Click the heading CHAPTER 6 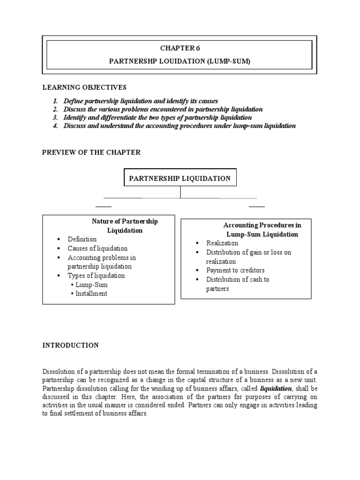click(x=180, y=47)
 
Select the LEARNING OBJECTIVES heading click(x=84, y=87)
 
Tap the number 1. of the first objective click(x=56, y=101)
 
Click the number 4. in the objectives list click(x=56, y=126)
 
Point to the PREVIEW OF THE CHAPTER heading click(x=91, y=152)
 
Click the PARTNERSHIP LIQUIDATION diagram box click(x=180, y=178)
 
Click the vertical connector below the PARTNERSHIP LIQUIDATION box click(x=180, y=192)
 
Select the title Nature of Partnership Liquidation click(x=125, y=226)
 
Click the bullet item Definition click(x=82, y=239)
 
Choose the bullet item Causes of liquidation click(x=97, y=248)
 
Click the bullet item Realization click(x=222, y=243)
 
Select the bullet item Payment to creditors click(x=235, y=270)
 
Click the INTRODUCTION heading click(x=70, y=345)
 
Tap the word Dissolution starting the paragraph click(x=58, y=371)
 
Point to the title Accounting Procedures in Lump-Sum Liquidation click(x=262, y=230)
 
